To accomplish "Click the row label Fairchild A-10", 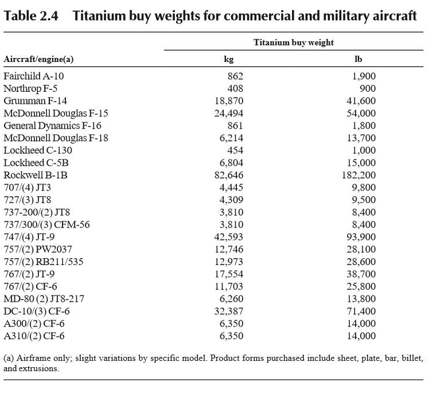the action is click(x=34, y=76).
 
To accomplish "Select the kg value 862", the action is click(x=235, y=76).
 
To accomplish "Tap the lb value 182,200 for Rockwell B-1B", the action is click(x=359, y=175).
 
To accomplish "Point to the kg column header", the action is click(x=229, y=59).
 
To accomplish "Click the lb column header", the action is click(x=358, y=59).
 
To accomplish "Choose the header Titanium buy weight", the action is click(x=294, y=42).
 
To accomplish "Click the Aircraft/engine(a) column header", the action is click(x=38, y=59).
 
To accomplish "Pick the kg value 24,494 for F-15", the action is click(x=228, y=113).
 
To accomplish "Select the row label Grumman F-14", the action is click(x=36, y=101).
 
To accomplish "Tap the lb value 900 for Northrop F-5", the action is click(x=368, y=88).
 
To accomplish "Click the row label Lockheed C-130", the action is click(x=38, y=150).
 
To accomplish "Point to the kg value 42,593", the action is click(x=228, y=237).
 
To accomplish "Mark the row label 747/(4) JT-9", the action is click(x=29, y=237).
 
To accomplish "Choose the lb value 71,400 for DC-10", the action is click(x=361, y=311).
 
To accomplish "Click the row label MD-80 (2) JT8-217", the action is click(x=44, y=299).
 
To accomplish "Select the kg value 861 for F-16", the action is click(x=235, y=126).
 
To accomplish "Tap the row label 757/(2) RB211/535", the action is click(x=44, y=262).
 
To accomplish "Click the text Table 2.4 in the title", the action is click(x=31, y=16).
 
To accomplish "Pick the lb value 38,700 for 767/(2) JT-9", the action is click(x=361, y=274).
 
